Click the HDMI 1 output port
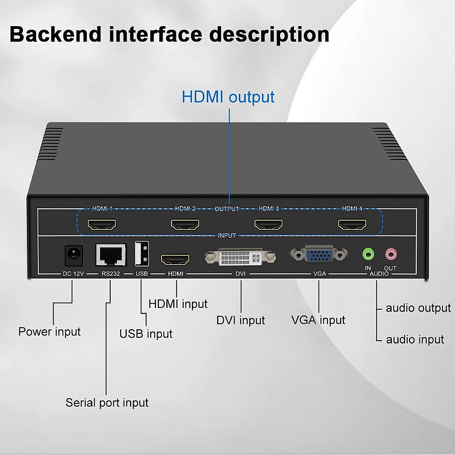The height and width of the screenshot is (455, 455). click(x=102, y=225)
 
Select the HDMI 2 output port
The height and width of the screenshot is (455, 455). click(x=185, y=225)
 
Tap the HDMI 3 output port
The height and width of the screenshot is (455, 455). click(x=268, y=225)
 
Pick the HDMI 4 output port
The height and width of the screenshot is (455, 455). click(x=352, y=225)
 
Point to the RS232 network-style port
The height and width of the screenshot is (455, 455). click(x=111, y=255)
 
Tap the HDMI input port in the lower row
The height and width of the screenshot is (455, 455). click(x=175, y=260)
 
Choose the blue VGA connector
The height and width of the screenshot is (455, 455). click(x=319, y=254)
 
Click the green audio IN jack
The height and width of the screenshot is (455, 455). click(x=368, y=254)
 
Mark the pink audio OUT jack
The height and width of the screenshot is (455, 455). click(x=391, y=254)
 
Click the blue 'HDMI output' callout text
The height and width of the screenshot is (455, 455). click(x=228, y=97)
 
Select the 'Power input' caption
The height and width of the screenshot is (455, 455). click(x=49, y=332)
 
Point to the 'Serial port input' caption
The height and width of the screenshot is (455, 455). click(x=107, y=403)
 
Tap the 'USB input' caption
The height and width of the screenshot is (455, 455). click(x=146, y=334)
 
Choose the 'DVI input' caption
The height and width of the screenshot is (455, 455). click(x=240, y=320)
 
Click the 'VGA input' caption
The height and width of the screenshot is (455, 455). click(x=318, y=320)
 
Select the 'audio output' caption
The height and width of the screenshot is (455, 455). click(x=418, y=308)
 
